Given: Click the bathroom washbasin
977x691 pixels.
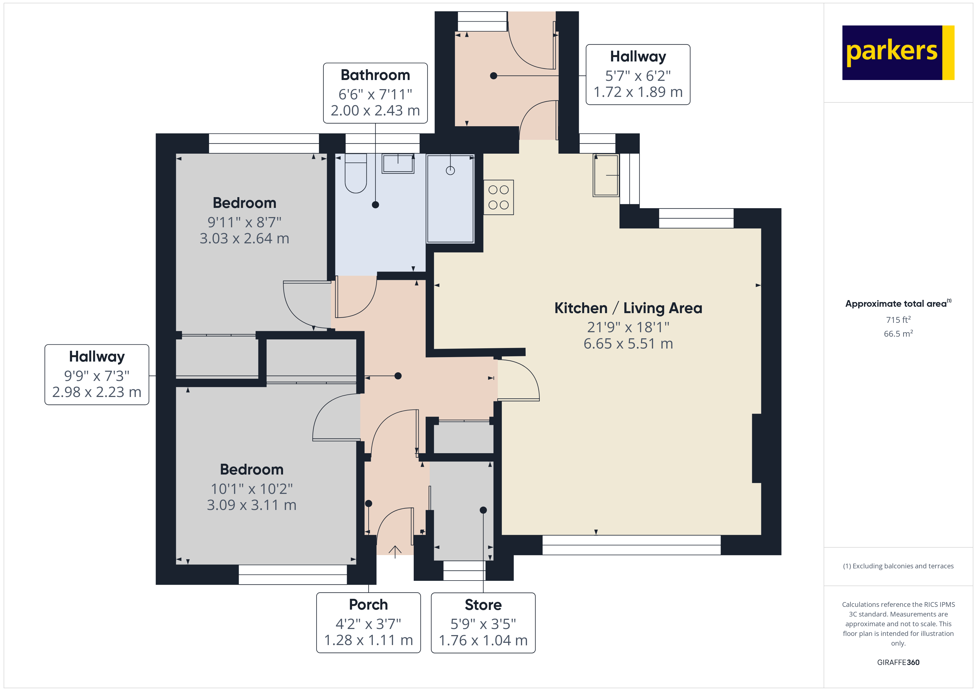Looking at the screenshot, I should [398, 163].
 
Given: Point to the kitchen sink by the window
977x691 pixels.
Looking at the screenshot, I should [606, 175].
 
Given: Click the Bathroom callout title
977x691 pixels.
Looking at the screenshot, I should [375, 75].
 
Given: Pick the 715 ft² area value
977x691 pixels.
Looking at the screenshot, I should [898, 319].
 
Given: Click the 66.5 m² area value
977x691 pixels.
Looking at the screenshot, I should [898, 334].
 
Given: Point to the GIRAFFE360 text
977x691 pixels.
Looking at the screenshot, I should [898, 662].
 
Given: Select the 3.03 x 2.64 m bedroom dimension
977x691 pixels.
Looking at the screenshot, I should [244, 238].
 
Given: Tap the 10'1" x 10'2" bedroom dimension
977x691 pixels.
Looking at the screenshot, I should [251, 489].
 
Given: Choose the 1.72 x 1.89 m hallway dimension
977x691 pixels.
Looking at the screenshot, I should [637, 92].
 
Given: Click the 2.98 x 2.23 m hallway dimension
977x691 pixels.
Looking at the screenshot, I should [97, 392].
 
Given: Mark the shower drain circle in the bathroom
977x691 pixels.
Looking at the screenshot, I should [450, 171].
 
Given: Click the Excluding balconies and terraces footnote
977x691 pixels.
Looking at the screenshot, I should [898, 566].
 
